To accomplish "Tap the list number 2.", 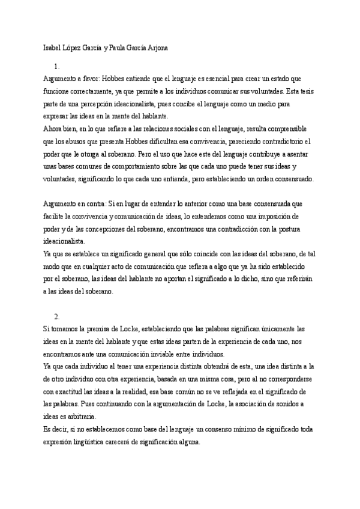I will click(56, 316).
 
